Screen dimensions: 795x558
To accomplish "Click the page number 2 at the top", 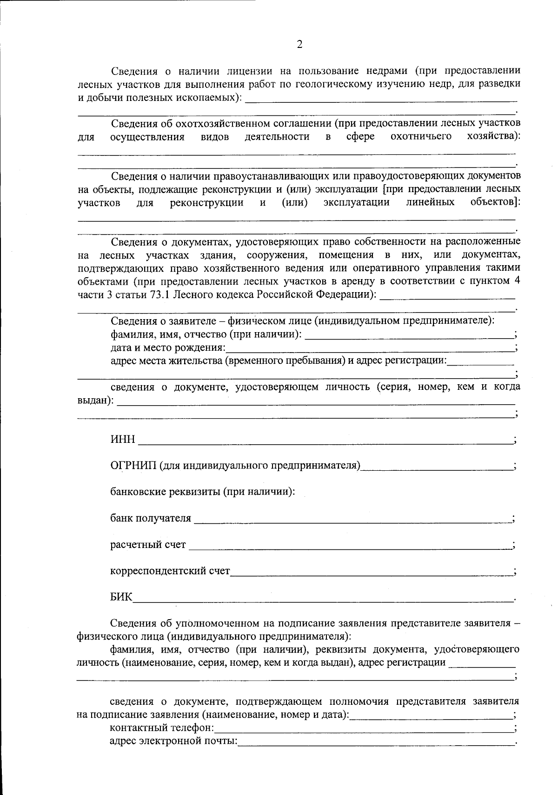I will coord(299,45).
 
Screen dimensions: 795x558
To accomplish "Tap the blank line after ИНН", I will coord(325,442).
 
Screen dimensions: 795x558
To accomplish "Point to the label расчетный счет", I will coord(148,545).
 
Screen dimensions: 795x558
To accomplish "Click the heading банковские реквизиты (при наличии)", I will coord(202,492).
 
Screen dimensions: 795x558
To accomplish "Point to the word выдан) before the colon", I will coord(93,400).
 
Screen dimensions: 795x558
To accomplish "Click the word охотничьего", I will coord(421,136).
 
